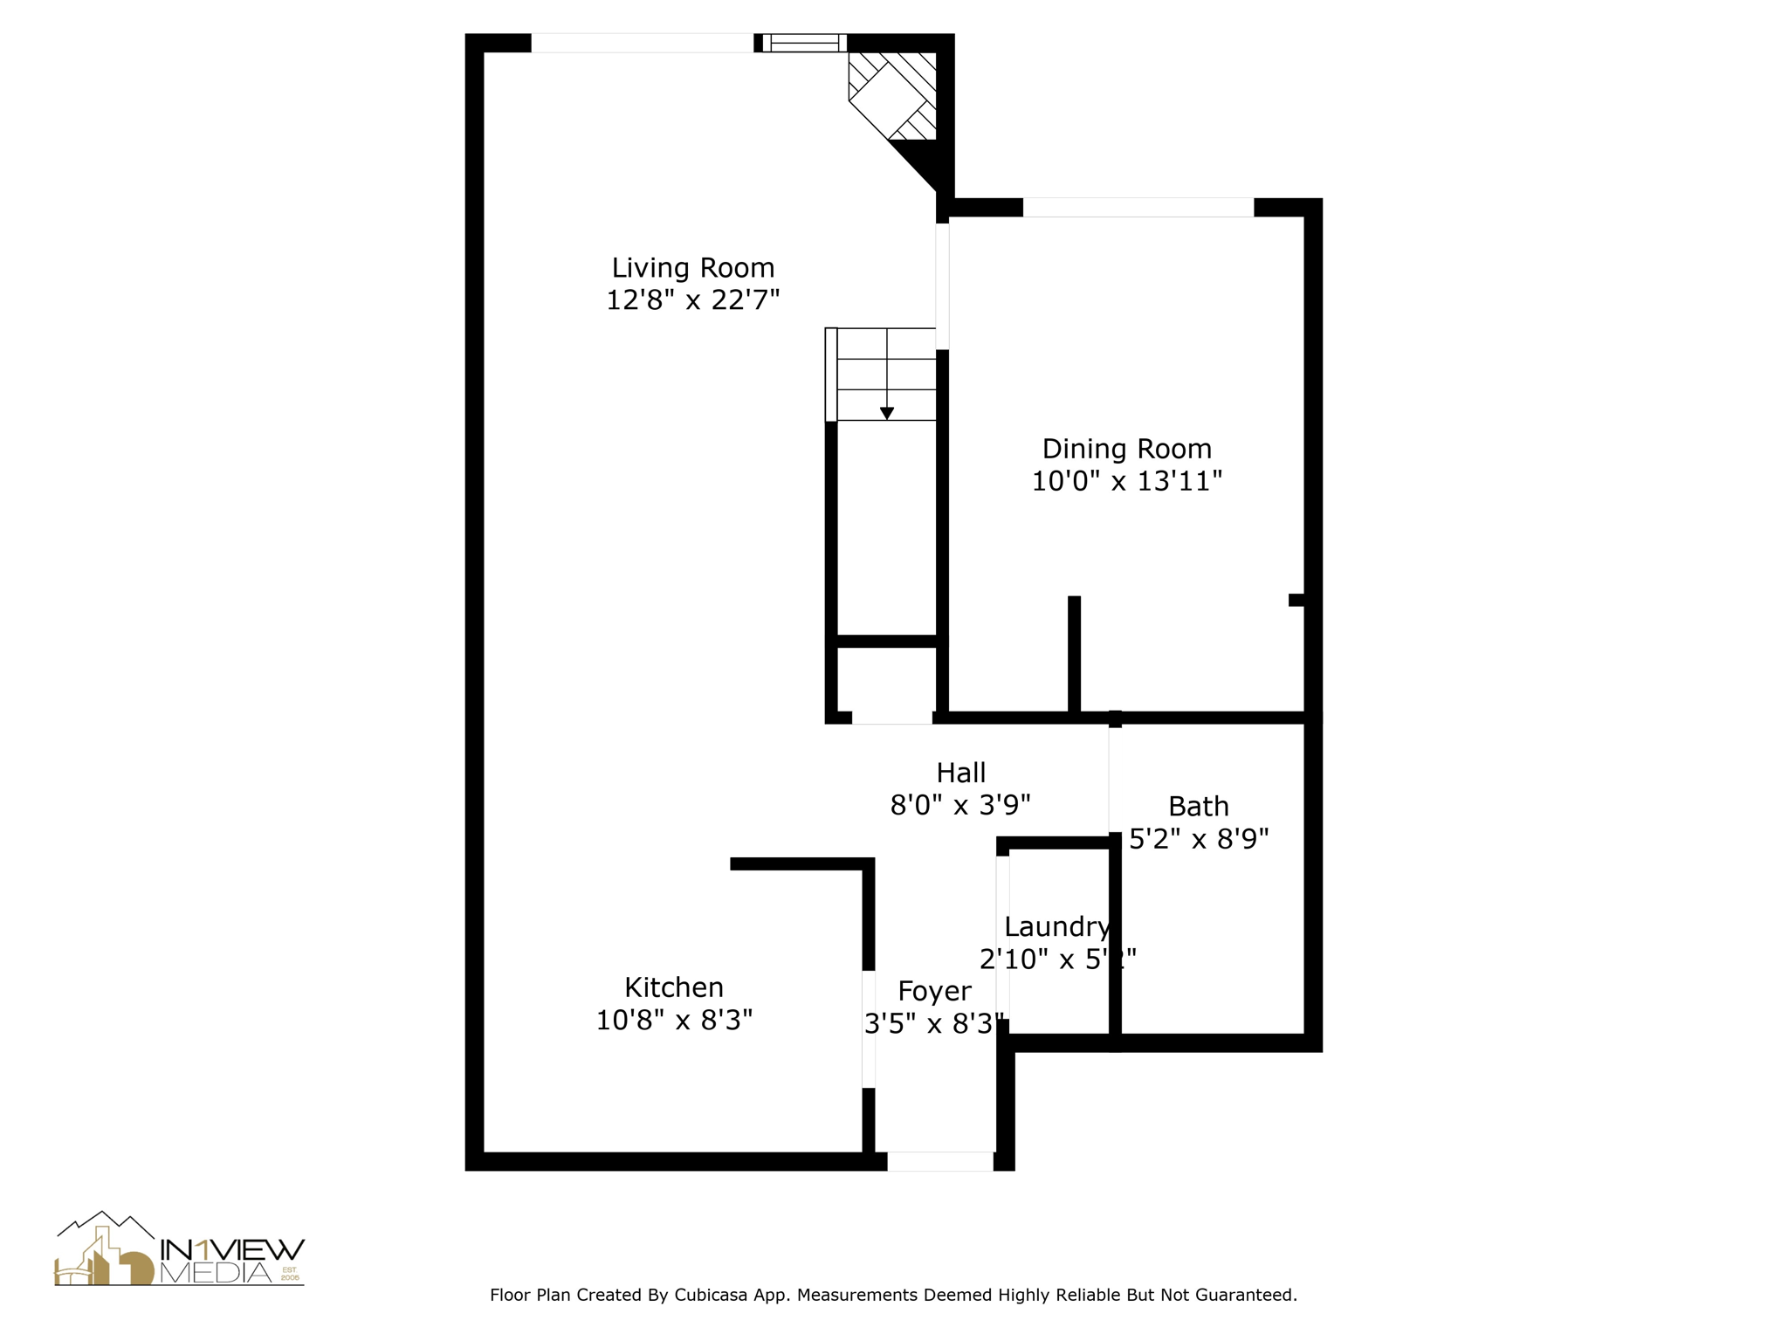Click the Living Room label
(692, 267)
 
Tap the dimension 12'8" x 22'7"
(692, 300)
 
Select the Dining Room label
(1126, 449)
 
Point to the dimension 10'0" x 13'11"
(1126, 481)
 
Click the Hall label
(960, 773)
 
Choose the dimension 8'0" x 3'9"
(960, 805)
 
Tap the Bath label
(1198, 806)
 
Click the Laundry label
(1056, 926)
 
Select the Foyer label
(934, 991)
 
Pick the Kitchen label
(673, 987)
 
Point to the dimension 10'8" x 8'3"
(673, 1020)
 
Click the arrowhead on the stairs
(886, 414)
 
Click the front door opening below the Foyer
(939, 1161)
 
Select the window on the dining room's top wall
(1138, 208)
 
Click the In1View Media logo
(179, 1250)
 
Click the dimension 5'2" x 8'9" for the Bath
(1198, 839)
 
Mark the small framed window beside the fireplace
(804, 43)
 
